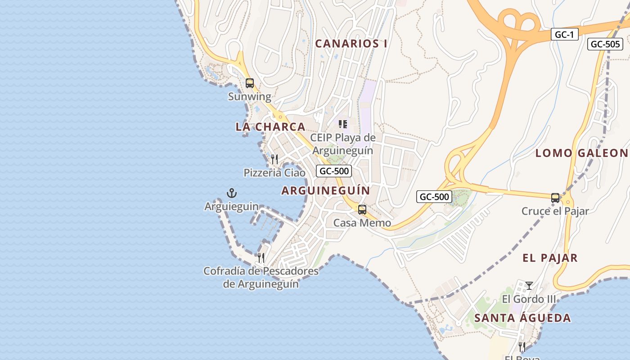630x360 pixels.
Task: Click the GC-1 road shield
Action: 564,34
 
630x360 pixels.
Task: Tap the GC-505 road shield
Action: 605,44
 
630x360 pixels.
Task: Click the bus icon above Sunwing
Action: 250,83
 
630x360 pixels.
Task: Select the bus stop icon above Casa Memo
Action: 362,209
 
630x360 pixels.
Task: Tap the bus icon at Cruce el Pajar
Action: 555,198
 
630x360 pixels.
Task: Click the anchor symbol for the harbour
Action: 231,193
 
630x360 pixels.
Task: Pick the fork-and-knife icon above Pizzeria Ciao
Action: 274,159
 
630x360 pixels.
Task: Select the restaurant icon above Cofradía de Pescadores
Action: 261,258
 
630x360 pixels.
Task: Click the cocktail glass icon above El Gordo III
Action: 529,286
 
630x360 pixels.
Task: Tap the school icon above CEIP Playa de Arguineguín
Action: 343,124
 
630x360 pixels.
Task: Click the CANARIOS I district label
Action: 351,44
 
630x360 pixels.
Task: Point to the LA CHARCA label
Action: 270,127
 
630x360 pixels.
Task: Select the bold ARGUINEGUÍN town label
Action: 325,190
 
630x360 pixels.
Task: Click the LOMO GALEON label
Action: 581,153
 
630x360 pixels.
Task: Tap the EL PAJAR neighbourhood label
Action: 550,258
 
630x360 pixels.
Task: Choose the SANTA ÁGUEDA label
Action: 522,318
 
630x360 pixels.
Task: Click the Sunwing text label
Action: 250,97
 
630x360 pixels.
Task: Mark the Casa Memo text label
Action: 362,223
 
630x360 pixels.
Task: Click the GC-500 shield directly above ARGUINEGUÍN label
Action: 333,171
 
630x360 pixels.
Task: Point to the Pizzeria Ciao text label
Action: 274,173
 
